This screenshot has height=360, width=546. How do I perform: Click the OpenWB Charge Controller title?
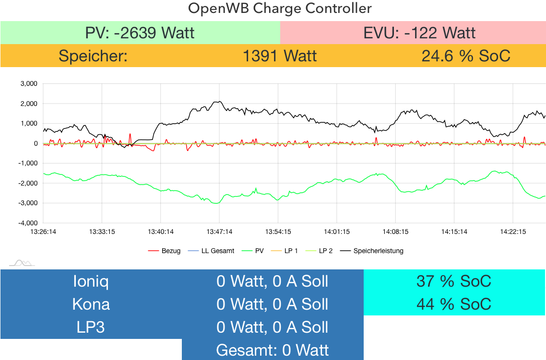point(280,9)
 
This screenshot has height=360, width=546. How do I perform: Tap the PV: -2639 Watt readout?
point(140,33)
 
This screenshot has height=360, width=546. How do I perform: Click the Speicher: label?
point(93,56)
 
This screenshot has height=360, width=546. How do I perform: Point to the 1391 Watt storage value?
point(280,56)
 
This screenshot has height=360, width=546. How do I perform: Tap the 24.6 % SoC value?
point(465,56)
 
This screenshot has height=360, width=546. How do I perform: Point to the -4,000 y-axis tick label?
point(28,223)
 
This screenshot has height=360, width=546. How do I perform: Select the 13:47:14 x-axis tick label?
point(219,232)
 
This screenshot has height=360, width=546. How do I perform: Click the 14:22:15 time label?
point(513,232)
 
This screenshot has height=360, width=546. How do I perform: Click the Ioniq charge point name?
point(91,281)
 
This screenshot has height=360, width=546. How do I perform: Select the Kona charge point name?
point(91,304)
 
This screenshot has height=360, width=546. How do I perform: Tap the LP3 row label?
point(91,327)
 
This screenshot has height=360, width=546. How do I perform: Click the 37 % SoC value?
point(453,281)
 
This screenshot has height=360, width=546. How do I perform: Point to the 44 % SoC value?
point(453,304)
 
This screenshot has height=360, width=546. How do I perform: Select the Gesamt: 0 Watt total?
point(273,350)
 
